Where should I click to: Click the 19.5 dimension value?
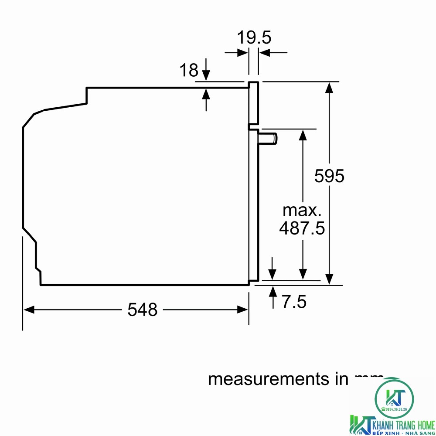click(254, 38)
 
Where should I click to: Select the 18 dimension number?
click(189, 70)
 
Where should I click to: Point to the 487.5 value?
click(302, 228)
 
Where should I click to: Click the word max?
click(302, 210)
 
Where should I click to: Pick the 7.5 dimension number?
click(293, 302)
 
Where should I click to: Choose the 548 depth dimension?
click(142, 310)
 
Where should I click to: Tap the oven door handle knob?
click(268, 139)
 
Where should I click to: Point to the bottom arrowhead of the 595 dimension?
click(330, 279)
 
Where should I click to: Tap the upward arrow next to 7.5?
click(273, 291)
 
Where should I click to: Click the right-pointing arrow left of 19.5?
click(242, 53)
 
